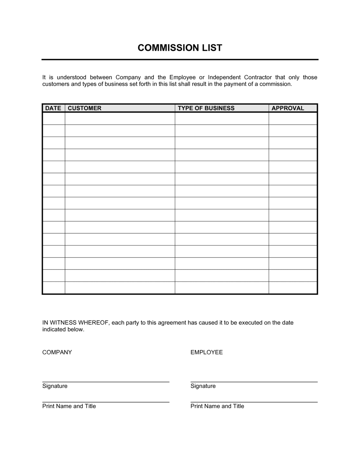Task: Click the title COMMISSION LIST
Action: point(180,48)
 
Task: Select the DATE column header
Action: point(53,108)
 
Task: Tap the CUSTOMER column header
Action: point(85,108)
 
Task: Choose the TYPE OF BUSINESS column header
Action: point(206,108)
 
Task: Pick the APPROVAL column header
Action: point(288,108)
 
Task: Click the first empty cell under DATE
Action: point(54,119)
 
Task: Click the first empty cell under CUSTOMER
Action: point(120,119)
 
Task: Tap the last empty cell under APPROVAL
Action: point(293,288)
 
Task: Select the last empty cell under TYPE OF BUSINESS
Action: point(222,288)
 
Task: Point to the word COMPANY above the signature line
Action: point(57,352)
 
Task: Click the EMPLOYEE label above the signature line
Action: point(207,352)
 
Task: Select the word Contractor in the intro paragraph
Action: point(258,77)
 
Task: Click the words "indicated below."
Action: point(63,329)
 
